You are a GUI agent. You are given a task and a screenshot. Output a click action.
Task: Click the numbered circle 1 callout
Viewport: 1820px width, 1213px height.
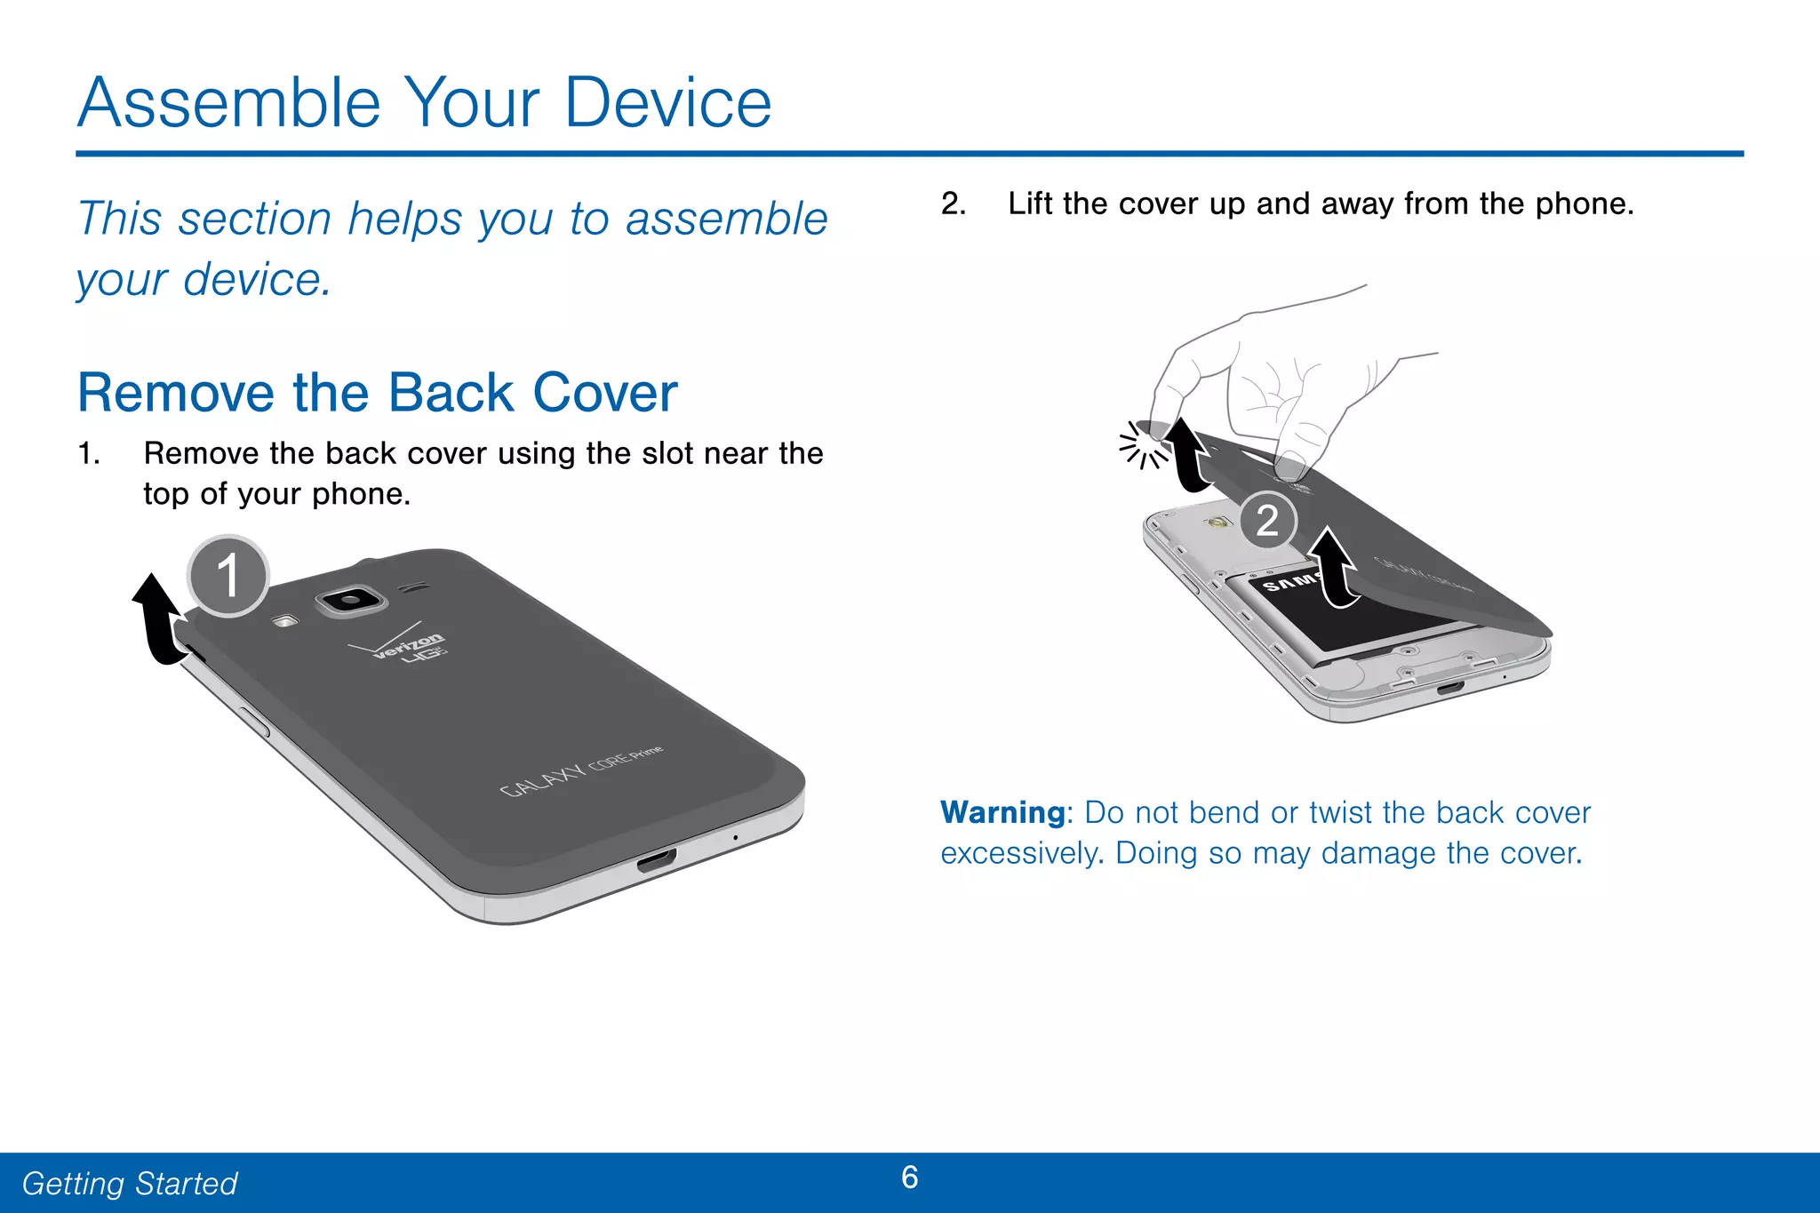tap(228, 576)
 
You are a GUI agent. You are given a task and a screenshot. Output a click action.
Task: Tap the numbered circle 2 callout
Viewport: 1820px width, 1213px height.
tap(1267, 521)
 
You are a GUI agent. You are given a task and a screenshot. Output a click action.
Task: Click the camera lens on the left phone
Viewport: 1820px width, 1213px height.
tap(351, 601)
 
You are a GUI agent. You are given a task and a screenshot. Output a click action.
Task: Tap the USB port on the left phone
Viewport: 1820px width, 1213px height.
tap(656, 860)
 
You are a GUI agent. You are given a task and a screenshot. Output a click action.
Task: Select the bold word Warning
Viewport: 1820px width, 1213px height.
tap(1002, 812)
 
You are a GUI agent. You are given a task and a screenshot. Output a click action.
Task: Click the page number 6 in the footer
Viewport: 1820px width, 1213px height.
tap(909, 1177)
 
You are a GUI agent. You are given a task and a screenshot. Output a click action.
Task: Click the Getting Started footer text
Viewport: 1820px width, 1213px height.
tap(130, 1184)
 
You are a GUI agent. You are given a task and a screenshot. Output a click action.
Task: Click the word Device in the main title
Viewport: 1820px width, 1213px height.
tap(667, 103)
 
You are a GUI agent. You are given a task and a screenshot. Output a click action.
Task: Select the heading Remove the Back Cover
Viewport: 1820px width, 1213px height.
tap(378, 393)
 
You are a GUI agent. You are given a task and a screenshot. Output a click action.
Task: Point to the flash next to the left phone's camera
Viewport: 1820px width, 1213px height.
tap(284, 621)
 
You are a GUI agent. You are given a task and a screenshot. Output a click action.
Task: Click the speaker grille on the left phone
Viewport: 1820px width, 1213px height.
tap(411, 587)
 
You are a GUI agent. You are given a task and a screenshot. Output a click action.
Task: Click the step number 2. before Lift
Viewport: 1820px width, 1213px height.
tap(953, 204)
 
